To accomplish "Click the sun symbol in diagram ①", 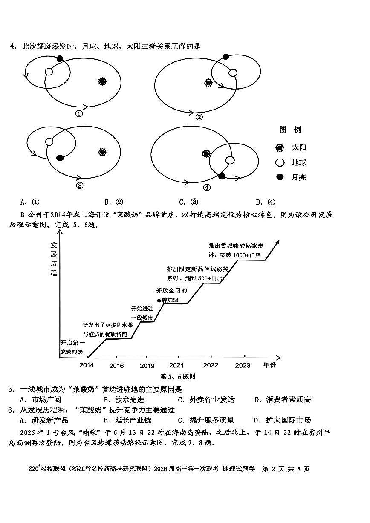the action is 102,81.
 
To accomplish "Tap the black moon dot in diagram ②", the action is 226,57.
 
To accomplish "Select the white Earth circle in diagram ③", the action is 49,142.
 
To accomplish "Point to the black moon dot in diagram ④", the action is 222,176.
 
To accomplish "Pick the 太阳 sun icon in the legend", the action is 280,148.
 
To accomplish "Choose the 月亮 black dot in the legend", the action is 280,177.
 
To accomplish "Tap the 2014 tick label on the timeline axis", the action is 87,365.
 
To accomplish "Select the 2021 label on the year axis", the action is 176,365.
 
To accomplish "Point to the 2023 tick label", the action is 243,365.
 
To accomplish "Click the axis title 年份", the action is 269,365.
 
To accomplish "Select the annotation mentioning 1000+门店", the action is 234,251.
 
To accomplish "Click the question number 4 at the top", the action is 13,46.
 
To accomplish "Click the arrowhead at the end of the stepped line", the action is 277,242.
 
